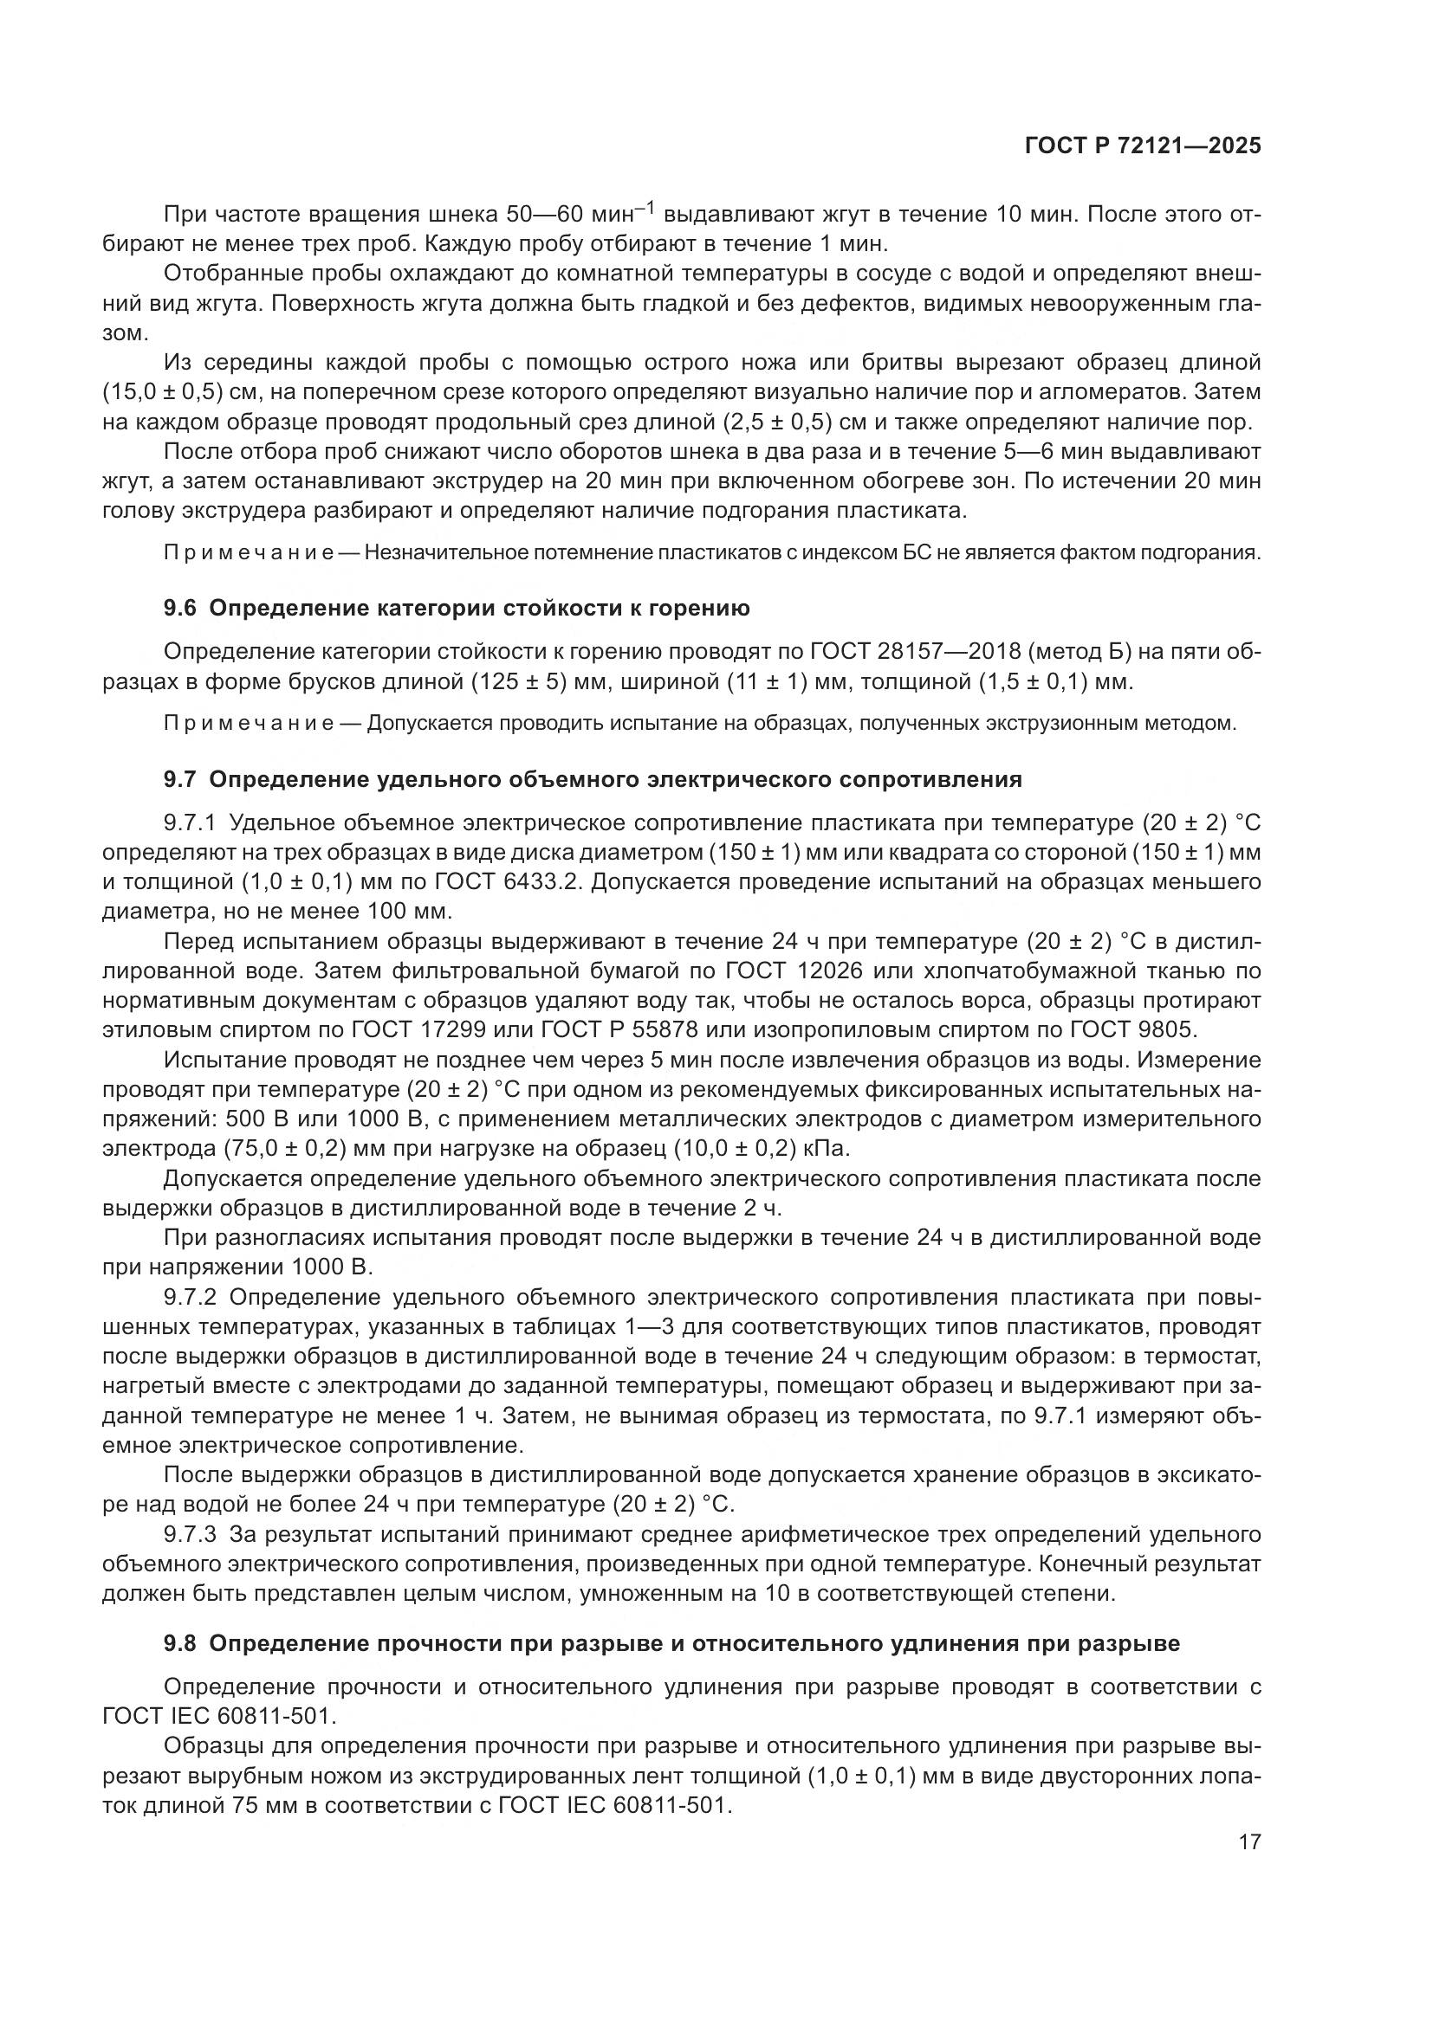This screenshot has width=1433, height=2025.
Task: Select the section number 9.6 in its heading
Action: (x=183, y=609)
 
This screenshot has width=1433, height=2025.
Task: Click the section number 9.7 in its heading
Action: (x=183, y=780)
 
